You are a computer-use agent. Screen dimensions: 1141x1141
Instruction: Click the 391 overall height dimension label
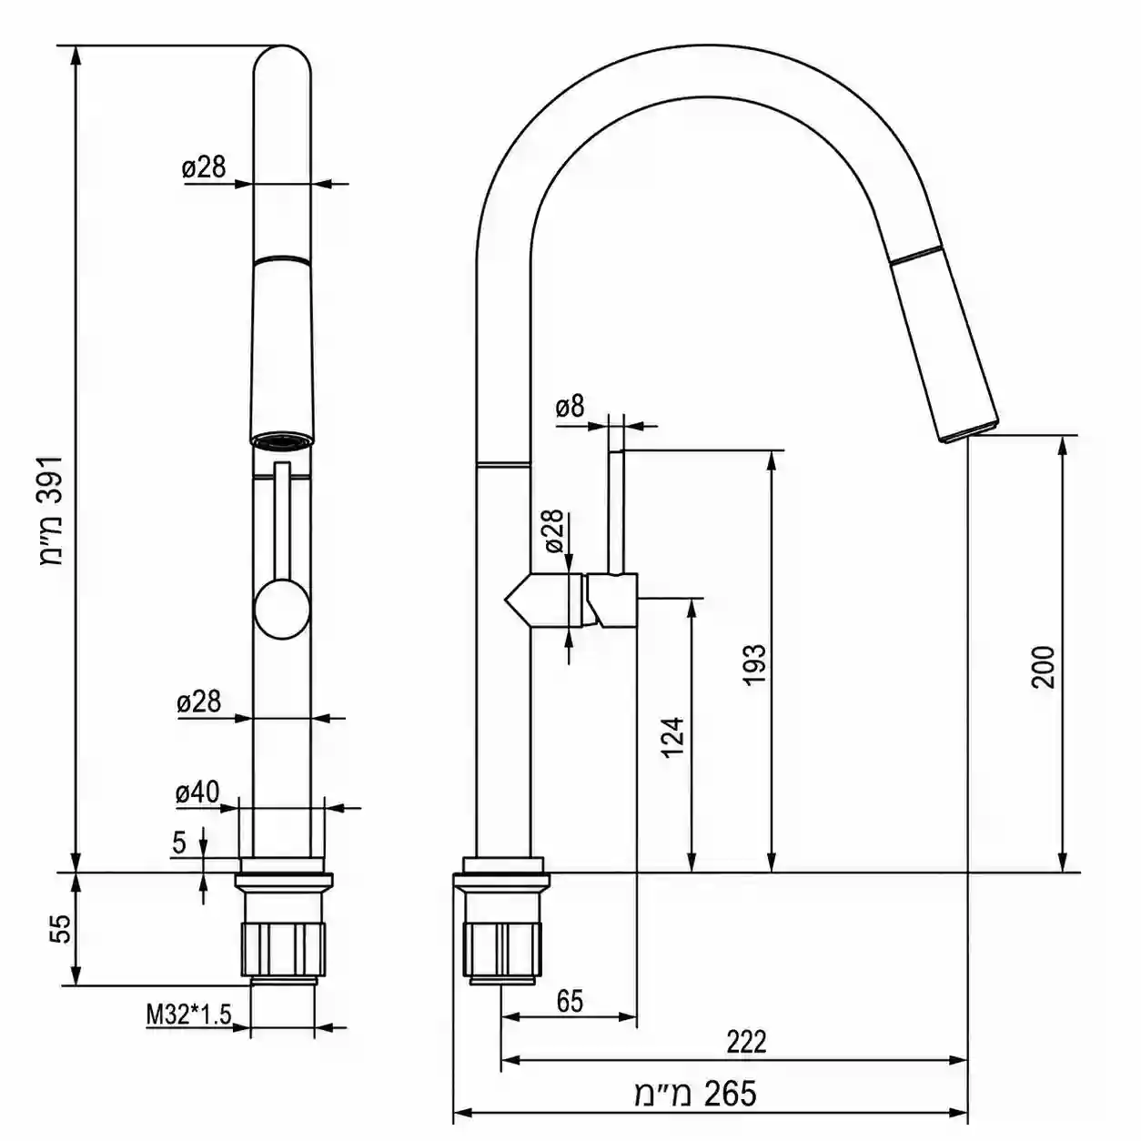coord(52,511)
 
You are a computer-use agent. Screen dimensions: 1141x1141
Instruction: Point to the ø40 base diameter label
coord(197,793)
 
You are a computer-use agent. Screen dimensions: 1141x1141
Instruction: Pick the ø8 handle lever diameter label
coord(570,407)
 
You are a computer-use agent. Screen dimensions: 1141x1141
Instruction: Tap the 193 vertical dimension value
coord(754,664)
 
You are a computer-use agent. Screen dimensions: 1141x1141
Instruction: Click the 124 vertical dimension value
coord(672,738)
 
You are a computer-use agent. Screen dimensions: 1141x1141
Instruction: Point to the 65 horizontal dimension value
coord(570,1001)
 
